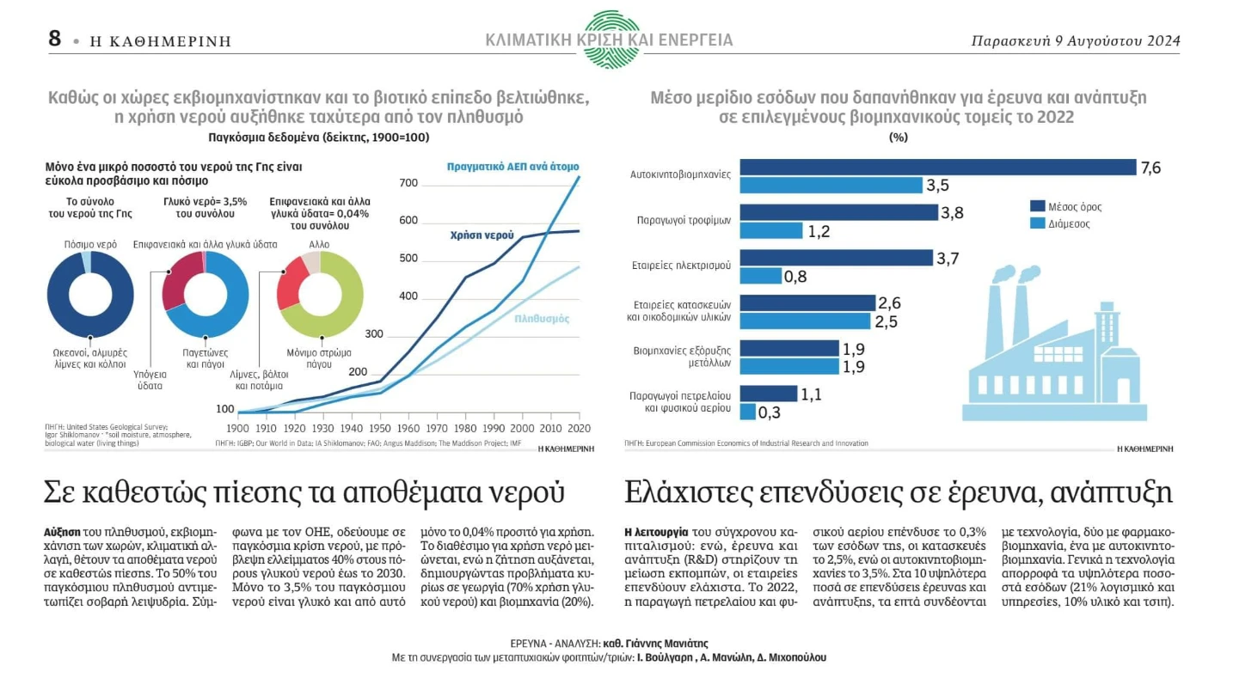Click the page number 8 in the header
[x=55, y=39]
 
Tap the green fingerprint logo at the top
[x=610, y=39]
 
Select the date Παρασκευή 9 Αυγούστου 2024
[x=1075, y=40]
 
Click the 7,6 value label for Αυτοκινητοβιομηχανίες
[x=1150, y=168]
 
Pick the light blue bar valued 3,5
[x=829, y=185]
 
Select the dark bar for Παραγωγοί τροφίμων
[x=838, y=212]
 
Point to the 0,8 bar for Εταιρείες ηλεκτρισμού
[x=759, y=276]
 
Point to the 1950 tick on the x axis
[x=380, y=428]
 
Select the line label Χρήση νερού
[x=482, y=235]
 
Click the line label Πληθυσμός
[x=542, y=319]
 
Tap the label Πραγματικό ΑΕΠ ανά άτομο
[x=512, y=166]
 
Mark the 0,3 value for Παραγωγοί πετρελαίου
[x=769, y=412]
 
